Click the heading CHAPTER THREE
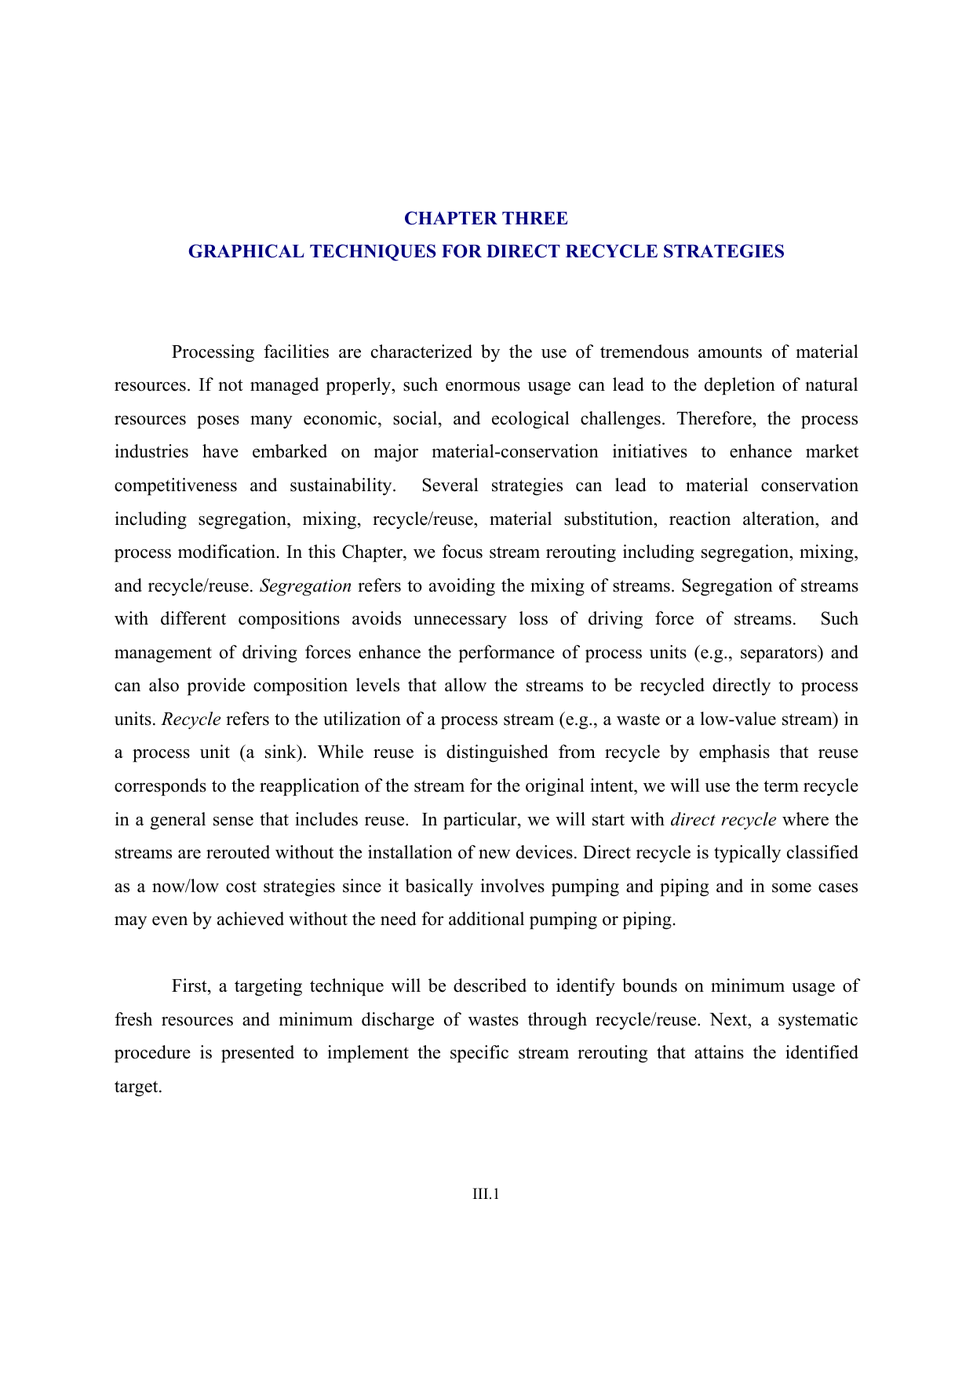point(486,218)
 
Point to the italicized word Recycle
point(191,719)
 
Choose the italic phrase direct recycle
point(723,820)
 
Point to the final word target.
point(138,1087)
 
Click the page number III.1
point(486,1194)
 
